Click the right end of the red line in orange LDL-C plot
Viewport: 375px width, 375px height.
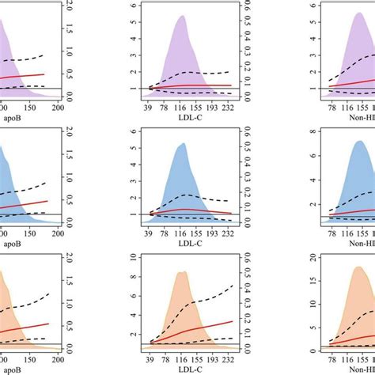pyautogui.click(x=233, y=322)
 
